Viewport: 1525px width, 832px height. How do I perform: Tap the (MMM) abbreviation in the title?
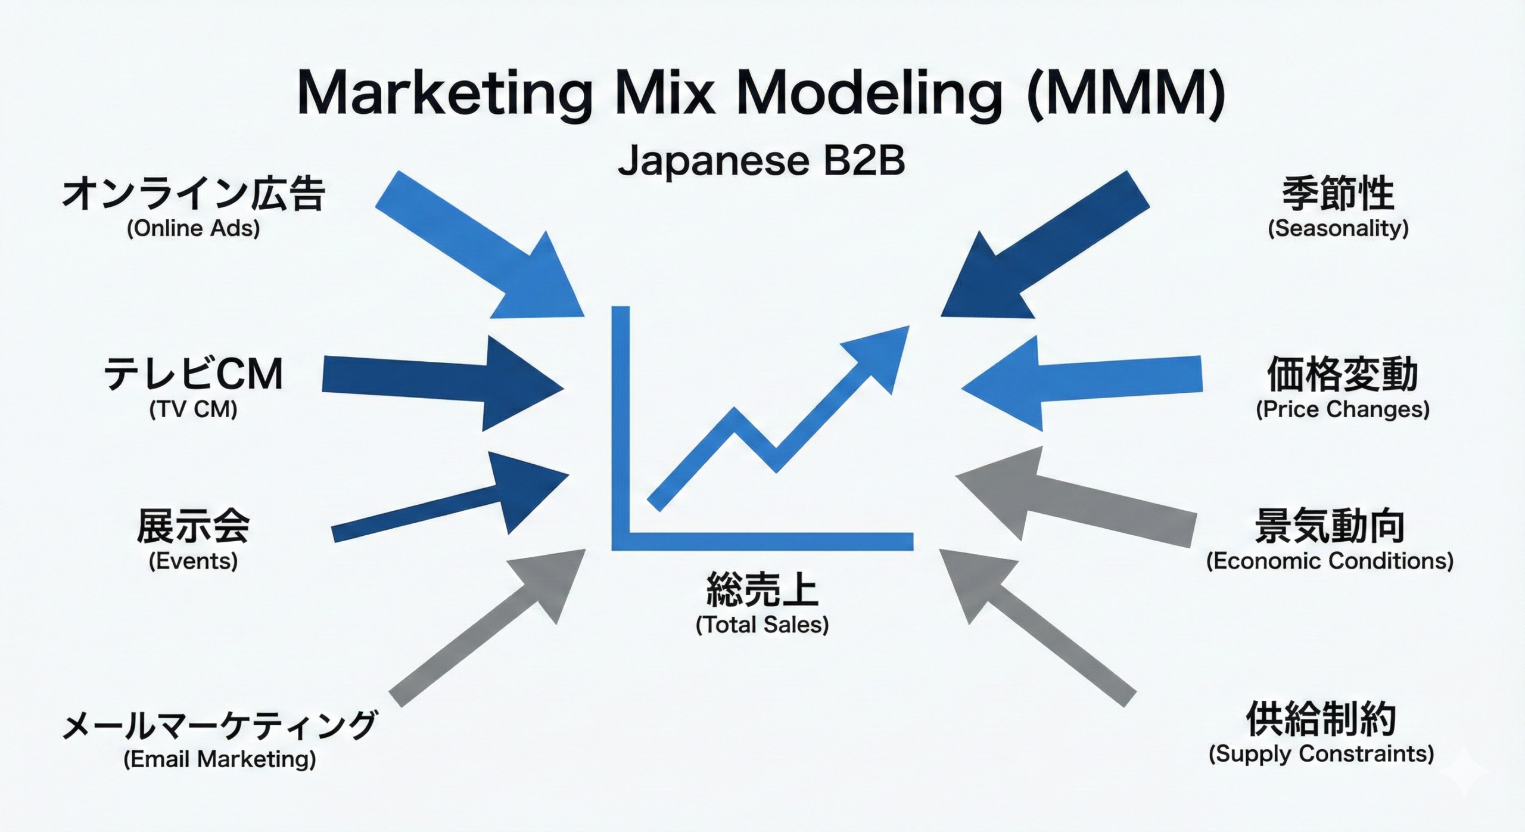pyautogui.click(x=1126, y=94)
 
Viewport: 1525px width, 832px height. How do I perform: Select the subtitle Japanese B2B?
pyautogui.click(x=761, y=161)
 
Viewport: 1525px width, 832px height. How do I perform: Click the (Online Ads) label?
pyautogui.click(x=194, y=229)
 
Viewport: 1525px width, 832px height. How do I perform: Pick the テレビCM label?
pyautogui.click(x=194, y=374)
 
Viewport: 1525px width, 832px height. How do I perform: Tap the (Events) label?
pyautogui.click(x=193, y=561)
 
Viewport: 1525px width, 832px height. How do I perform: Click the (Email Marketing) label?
pyautogui.click(x=220, y=759)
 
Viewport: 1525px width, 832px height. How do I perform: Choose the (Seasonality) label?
pyautogui.click(x=1338, y=229)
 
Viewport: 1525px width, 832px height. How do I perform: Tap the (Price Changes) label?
pyautogui.click(x=1343, y=409)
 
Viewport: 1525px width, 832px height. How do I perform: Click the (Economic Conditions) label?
pyautogui.click(x=1330, y=561)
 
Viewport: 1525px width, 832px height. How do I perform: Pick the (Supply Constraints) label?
pyautogui.click(x=1321, y=754)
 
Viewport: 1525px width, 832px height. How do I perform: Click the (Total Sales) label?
pyautogui.click(x=762, y=625)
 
